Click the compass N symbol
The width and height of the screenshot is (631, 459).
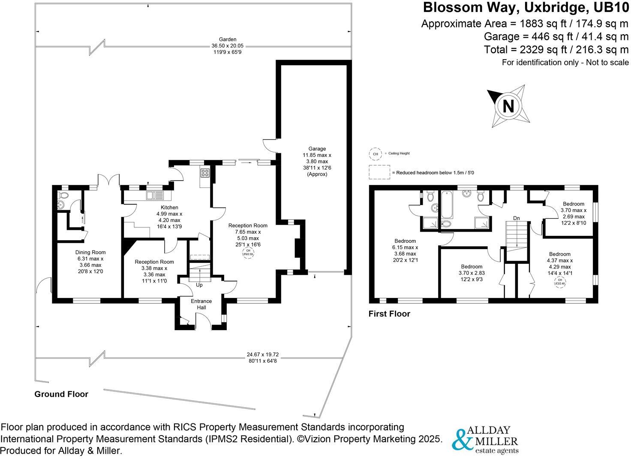pos(508,106)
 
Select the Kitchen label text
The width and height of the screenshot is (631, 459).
pos(169,208)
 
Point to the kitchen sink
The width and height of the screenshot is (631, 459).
pos(154,196)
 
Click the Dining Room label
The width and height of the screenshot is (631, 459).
pos(90,252)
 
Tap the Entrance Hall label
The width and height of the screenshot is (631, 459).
pos(201,304)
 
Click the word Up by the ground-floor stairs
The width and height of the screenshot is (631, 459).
pos(199,285)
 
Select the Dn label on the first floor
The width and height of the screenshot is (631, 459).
pos(517,218)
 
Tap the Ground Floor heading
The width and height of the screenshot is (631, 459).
pos(61,394)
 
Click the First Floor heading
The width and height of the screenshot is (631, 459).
pos(389,314)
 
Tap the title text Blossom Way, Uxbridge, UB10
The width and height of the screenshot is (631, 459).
pos(526,8)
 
